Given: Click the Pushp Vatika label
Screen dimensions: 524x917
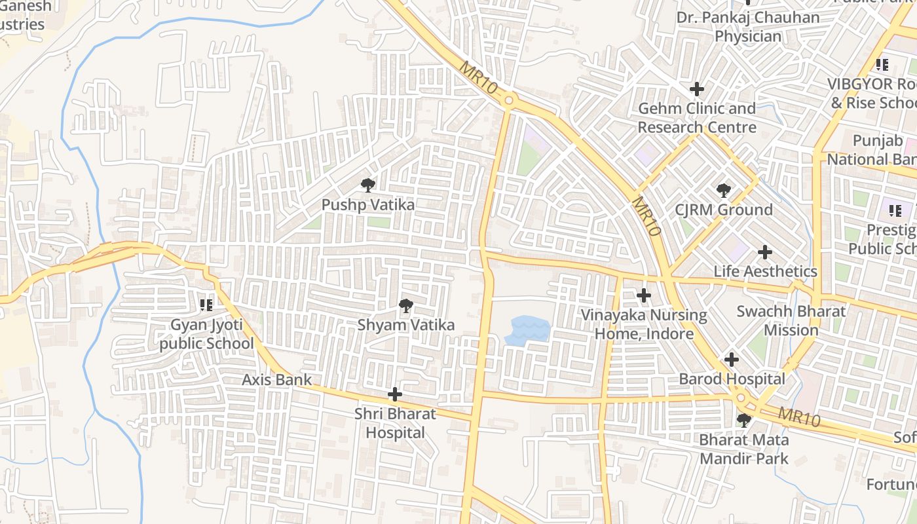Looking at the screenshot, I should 367,205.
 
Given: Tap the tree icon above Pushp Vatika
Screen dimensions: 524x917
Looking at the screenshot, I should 368,185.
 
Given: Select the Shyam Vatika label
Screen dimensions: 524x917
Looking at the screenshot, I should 405,325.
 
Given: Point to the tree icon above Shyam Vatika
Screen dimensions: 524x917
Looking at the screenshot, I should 405,305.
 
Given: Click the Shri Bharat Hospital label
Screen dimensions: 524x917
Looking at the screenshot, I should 395,423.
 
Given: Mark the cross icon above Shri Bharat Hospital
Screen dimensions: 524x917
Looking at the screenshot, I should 395,394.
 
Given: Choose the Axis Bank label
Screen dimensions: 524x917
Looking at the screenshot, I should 277,380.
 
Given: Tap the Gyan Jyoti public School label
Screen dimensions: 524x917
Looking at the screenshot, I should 206,334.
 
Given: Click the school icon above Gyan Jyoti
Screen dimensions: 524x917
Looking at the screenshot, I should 206,305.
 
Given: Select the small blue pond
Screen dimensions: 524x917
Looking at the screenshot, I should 527,329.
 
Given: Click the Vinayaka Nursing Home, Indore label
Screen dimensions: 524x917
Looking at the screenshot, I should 645,325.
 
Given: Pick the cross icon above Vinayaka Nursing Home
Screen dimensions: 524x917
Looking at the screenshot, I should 644,295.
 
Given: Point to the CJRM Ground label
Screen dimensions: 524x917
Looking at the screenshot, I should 724,210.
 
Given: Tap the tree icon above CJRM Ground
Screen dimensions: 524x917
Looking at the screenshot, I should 724,191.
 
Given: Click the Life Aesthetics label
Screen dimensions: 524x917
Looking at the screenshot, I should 765,271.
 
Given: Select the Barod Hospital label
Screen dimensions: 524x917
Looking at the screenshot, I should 732,379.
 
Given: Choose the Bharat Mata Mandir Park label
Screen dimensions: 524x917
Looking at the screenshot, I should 744,449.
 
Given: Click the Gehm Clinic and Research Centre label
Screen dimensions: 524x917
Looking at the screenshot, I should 697,118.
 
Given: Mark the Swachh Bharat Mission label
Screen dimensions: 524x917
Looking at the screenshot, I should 791,320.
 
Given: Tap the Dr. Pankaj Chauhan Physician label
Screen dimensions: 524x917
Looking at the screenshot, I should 748,27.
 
